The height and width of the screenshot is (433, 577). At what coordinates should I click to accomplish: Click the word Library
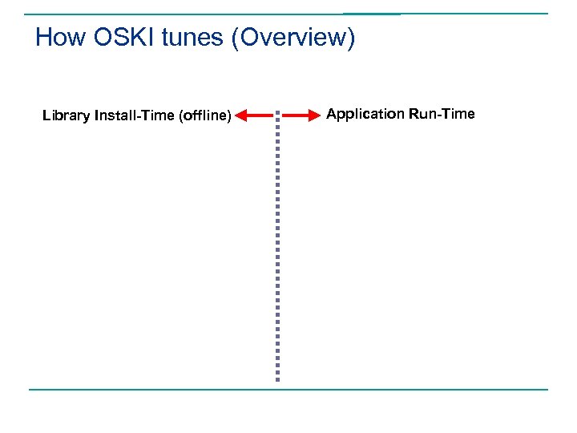point(66,116)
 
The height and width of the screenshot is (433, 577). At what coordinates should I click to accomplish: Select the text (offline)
point(206,116)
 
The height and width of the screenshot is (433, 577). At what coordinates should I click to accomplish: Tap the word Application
point(365,114)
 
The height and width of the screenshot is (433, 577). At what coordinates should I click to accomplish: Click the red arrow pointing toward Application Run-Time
point(301,116)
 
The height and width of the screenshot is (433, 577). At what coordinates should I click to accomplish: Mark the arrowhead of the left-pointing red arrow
point(242,116)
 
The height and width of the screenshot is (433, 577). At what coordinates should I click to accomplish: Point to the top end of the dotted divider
point(277,112)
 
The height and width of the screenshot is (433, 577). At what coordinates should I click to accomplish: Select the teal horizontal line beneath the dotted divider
point(288,390)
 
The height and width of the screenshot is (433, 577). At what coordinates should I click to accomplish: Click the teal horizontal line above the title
point(288,14)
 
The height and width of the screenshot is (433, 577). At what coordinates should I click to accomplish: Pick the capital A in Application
point(332,114)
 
